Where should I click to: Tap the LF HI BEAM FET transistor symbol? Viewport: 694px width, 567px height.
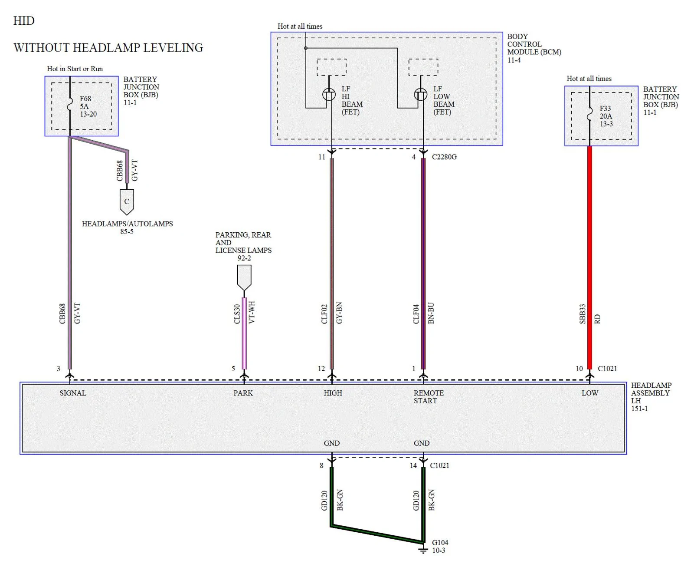[329, 95]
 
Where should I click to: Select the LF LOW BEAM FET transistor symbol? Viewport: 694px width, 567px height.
[420, 95]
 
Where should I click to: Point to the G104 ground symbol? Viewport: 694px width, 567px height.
[423, 550]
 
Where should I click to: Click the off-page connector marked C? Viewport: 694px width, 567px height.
[127, 201]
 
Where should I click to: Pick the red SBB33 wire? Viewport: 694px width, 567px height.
[589, 257]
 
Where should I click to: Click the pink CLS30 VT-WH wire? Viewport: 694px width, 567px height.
[244, 333]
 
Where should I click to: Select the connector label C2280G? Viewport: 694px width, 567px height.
[444, 157]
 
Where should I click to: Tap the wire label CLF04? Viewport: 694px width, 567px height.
[416, 314]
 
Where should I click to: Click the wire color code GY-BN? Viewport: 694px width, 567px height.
[339, 313]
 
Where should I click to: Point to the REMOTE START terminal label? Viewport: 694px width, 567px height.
[429, 397]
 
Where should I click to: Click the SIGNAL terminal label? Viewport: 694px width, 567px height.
[73, 393]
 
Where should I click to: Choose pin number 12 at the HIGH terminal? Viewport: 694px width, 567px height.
[321, 369]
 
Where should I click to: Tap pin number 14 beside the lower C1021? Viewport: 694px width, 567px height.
[413, 465]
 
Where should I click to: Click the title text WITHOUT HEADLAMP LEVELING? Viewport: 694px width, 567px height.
[108, 48]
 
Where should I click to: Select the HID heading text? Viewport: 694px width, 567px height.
[24, 21]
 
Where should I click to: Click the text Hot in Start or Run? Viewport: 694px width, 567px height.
[75, 69]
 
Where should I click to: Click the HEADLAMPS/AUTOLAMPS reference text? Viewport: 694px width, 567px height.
[127, 224]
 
